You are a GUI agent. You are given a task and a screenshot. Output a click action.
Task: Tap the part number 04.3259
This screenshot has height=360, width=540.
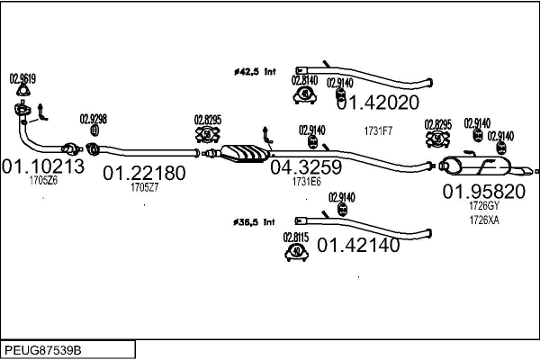point(306,166)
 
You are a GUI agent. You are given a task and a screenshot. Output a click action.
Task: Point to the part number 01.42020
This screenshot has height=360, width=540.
point(379,103)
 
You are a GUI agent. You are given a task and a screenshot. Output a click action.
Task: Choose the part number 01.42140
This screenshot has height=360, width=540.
point(358,244)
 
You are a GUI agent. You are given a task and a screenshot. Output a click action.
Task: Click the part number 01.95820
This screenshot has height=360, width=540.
point(483,192)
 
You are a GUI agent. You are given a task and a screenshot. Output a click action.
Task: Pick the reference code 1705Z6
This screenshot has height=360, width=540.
point(42,181)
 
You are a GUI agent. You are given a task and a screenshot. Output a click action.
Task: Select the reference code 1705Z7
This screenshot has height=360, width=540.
point(144,187)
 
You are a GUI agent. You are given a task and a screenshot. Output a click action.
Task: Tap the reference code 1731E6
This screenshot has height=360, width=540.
point(306,181)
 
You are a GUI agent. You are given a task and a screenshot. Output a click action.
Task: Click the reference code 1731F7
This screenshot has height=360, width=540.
point(378,131)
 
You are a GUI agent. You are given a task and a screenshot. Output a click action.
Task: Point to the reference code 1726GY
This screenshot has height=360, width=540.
point(483,206)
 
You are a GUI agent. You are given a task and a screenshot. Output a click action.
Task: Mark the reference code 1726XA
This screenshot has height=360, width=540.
point(483,219)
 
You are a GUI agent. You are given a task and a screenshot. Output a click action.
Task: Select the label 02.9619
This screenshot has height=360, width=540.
point(23,77)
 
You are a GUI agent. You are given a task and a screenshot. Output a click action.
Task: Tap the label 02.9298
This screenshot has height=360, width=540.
point(93,119)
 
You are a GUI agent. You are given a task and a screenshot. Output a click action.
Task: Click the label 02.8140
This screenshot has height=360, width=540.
point(305,78)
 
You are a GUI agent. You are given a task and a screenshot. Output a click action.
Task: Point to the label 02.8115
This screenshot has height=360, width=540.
point(296,237)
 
